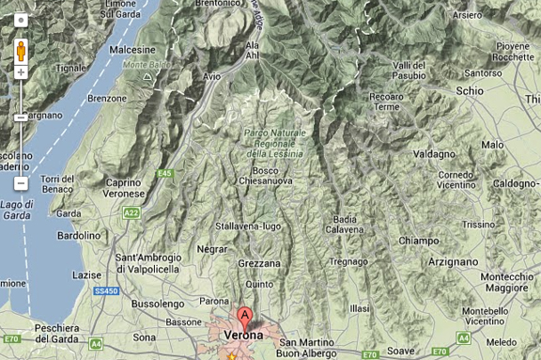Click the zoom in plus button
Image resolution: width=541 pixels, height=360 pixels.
point(21,72)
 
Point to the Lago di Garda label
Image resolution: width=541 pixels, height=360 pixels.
point(17,210)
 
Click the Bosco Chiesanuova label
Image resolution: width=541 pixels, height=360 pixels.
point(266,175)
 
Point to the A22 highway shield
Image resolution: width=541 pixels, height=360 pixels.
point(131,213)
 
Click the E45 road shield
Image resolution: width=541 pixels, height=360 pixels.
point(165,173)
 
